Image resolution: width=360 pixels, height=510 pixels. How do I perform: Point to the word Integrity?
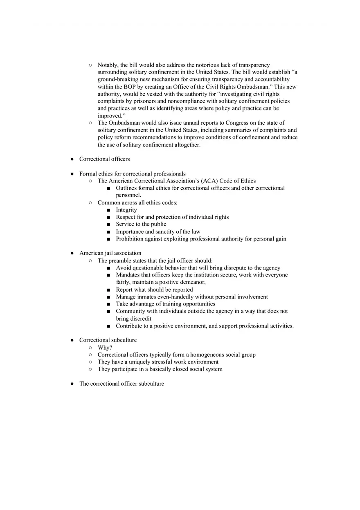click(126, 210)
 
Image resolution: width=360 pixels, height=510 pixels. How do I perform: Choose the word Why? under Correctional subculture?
click(105, 347)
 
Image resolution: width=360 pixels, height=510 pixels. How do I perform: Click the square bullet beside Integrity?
click(108, 210)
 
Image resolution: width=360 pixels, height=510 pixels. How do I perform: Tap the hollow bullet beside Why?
click(90, 348)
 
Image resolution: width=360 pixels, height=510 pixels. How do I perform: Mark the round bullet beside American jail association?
click(72, 253)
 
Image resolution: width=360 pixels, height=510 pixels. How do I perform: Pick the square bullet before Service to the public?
click(108, 225)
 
